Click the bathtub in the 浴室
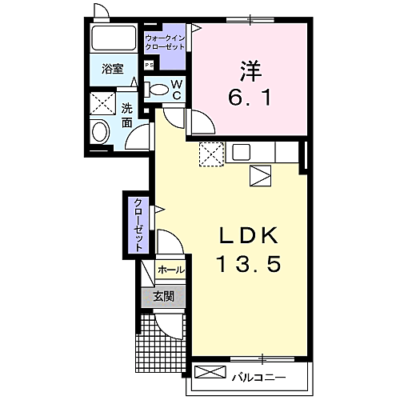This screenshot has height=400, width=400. click(x=113, y=38)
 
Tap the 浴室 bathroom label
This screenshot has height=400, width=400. click(x=112, y=69)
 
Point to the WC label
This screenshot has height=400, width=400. click(x=178, y=90)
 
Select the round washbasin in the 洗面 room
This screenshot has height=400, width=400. click(x=101, y=132)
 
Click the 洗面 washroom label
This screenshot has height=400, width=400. click(x=127, y=116)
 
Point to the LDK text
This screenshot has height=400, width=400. click(x=249, y=236)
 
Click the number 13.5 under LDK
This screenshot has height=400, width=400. click(x=249, y=264)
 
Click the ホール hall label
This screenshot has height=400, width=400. click(x=170, y=270)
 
